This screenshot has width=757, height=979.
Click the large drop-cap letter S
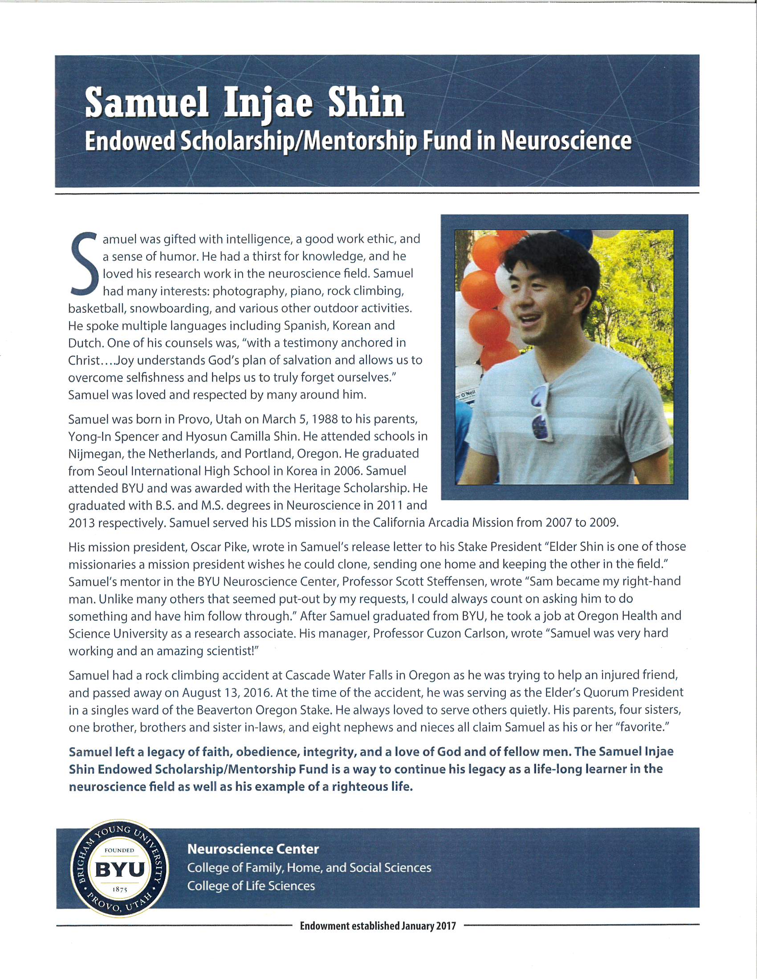pos(84,263)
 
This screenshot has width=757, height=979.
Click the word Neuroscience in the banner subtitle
pos(566,141)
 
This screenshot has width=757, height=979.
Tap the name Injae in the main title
pos(268,103)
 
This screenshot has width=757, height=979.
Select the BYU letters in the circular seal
pos(120,870)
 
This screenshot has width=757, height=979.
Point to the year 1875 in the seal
pos(120,890)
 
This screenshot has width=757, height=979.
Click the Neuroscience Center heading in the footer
pos(253,849)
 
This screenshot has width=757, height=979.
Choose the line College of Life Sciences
pos(251,886)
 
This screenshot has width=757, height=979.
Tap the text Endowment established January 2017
pos(378,926)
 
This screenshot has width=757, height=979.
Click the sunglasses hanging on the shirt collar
pos(542,413)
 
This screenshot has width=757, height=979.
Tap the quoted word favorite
pos(644,727)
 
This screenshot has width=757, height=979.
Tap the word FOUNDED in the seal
pos(119,850)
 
